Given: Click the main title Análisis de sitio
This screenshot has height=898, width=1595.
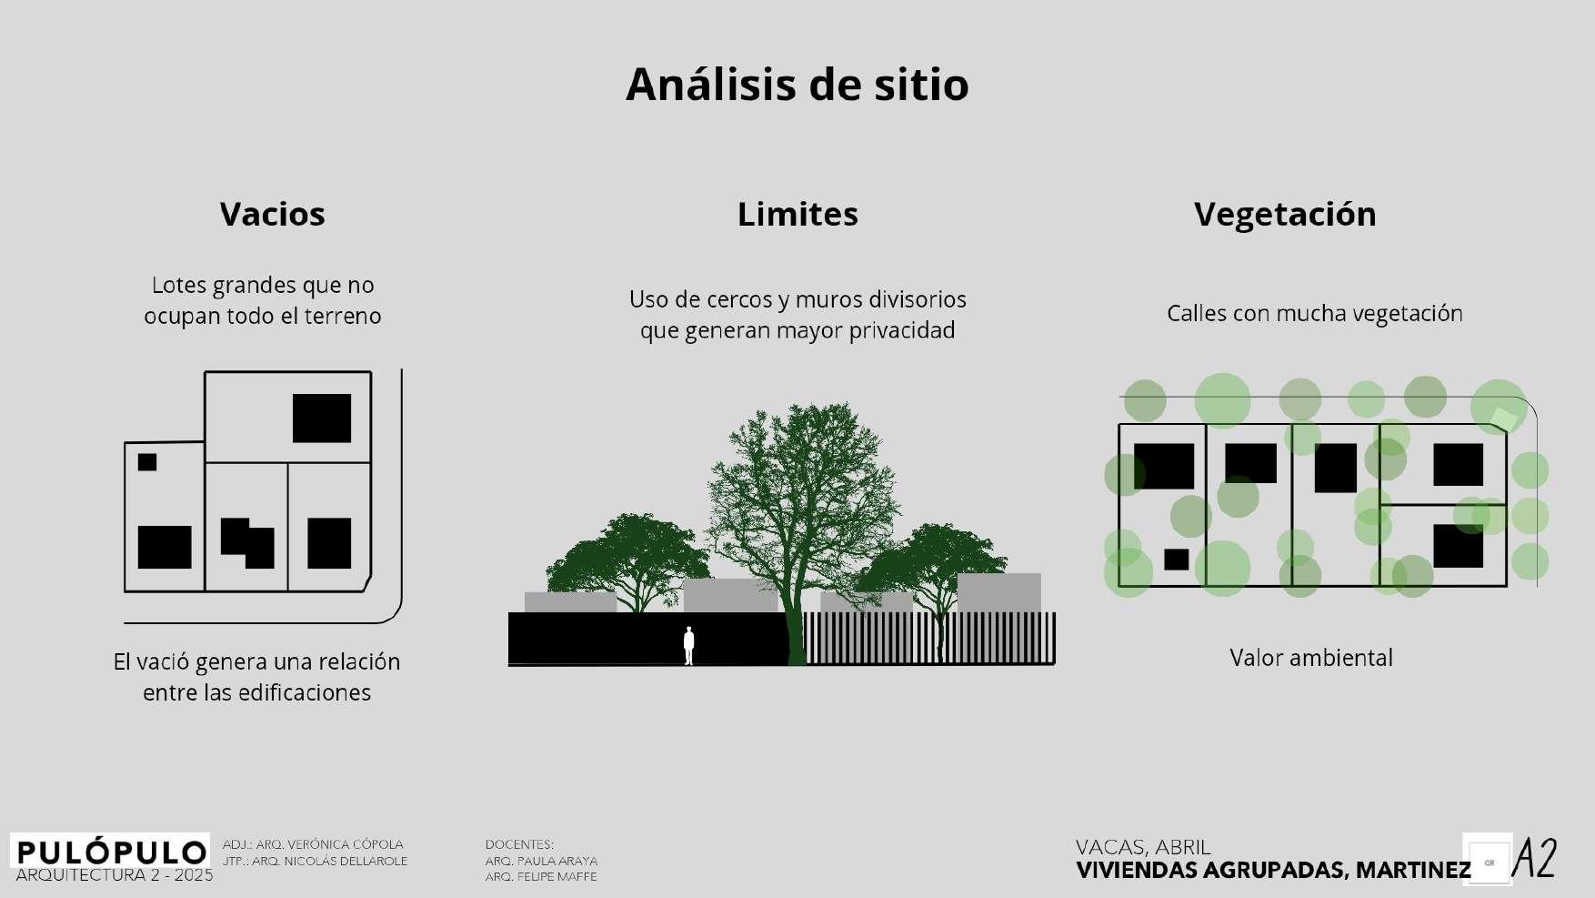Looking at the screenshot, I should point(797,85).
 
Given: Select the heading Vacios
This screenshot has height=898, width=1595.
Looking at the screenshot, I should point(272,215).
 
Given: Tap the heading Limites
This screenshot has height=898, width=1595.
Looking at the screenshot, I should point(797,215).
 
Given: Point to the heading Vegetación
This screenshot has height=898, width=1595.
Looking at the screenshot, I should point(1284,215).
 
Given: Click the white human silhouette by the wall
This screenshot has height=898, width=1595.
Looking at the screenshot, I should point(688,645).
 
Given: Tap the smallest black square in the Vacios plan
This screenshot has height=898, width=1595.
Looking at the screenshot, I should point(147,462).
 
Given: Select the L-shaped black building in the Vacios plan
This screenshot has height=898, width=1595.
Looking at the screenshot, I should point(247,542).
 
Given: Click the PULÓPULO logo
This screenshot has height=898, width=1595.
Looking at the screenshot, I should point(110,852).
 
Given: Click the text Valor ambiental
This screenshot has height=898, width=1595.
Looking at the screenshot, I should point(1310,658).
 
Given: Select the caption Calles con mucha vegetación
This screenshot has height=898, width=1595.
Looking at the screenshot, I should point(1314,314).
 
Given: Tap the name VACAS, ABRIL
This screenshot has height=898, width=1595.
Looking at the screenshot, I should point(1143,848).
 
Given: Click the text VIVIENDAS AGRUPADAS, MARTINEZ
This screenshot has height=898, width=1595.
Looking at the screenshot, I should point(1272,871).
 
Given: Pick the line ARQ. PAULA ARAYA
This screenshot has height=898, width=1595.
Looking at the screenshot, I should point(541,861).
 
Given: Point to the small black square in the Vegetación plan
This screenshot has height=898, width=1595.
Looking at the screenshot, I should point(1176,559).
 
